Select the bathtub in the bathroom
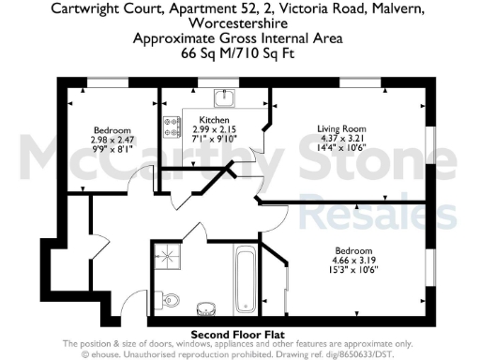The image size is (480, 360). tap(245, 277)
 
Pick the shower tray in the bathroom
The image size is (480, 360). tap(168, 256)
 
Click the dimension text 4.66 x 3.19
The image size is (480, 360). tap(355, 259)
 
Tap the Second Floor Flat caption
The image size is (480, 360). tap(239, 335)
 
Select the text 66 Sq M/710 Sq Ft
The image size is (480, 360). tap(239, 55)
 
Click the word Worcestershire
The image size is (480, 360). tap(239, 24)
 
